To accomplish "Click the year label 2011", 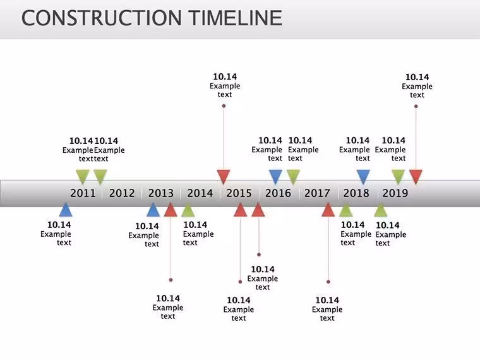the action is (83, 193).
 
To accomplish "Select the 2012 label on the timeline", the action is (122, 193).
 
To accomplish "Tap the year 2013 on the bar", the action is (161, 193).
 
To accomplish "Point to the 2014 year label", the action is (200, 193).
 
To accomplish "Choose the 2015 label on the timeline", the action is (239, 193).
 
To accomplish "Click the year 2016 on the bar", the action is (278, 193).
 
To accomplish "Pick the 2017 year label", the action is (317, 193).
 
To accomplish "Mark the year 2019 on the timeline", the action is (395, 193).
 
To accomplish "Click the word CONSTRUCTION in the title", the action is (102, 18).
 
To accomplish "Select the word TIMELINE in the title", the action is (235, 18).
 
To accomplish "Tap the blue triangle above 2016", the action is (275, 177).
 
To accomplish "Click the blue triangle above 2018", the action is (363, 177).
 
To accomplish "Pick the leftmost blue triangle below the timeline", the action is (66, 210).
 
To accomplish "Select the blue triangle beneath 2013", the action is (153, 210).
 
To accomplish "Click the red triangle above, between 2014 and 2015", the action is (224, 177).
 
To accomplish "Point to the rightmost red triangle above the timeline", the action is (416, 177).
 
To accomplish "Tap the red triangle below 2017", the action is (328, 210).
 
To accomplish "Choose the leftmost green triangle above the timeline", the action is (83, 177).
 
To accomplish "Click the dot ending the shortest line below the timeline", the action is (259, 255).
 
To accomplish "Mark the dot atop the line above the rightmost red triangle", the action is (416, 106).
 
